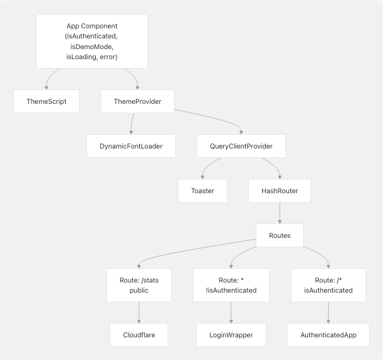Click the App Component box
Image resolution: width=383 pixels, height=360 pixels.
point(92,42)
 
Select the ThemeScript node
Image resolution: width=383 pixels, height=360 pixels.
point(47,101)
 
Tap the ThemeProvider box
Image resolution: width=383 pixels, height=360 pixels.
point(137,101)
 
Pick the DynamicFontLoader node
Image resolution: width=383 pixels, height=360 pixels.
point(130,146)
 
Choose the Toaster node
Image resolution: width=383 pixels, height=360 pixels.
point(202,191)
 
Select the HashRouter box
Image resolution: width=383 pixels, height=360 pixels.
point(280,191)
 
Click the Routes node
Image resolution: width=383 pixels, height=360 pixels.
point(280,235)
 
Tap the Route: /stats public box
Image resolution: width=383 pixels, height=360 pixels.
point(139,285)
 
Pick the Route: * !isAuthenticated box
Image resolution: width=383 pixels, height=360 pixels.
point(231,285)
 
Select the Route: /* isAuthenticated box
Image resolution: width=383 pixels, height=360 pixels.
point(328,285)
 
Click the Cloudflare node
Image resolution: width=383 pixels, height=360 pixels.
point(139,335)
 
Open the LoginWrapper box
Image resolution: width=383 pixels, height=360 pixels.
point(231,335)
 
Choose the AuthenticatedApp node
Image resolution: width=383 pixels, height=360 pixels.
point(328,335)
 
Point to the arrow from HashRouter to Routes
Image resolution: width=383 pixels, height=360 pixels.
point(280,213)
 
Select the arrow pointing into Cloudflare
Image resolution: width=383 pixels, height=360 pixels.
point(139,313)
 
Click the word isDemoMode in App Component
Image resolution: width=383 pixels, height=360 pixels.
point(92,47)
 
